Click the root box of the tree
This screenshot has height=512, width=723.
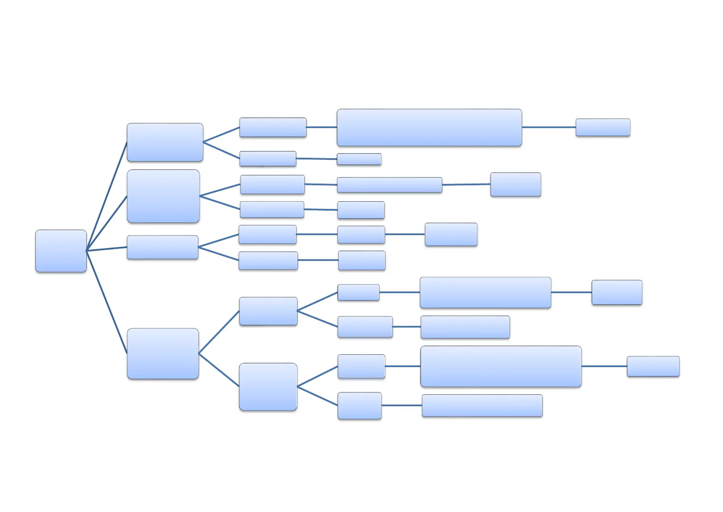(x=61, y=251)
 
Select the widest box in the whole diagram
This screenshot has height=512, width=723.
(x=429, y=127)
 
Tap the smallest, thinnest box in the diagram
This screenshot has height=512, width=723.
(x=359, y=159)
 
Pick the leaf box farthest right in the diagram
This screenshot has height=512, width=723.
(x=653, y=366)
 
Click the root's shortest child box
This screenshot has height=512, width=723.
(x=162, y=247)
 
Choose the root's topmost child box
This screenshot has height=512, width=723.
(x=165, y=142)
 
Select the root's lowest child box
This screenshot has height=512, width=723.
(x=163, y=353)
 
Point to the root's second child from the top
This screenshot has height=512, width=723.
(x=163, y=196)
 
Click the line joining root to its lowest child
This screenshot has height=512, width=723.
(x=106, y=302)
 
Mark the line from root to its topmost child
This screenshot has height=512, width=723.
(x=106, y=196)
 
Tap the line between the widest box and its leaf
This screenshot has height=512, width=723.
(x=549, y=127)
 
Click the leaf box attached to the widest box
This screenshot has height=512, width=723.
(x=603, y=127)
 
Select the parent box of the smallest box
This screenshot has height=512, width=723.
(x=267, y=159)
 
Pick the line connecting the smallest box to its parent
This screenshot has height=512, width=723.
(x=316, y=159)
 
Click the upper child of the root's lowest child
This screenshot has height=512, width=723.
(x=268, y=311)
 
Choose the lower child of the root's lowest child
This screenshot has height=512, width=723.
(x=268, y=386)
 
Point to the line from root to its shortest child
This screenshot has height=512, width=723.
(x=106, y=249)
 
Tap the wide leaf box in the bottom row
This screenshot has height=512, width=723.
(x=482, y=405)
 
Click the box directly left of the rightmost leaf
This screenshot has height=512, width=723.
(x=501, y=366)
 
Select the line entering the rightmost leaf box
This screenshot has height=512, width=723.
(x=604, y=366)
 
